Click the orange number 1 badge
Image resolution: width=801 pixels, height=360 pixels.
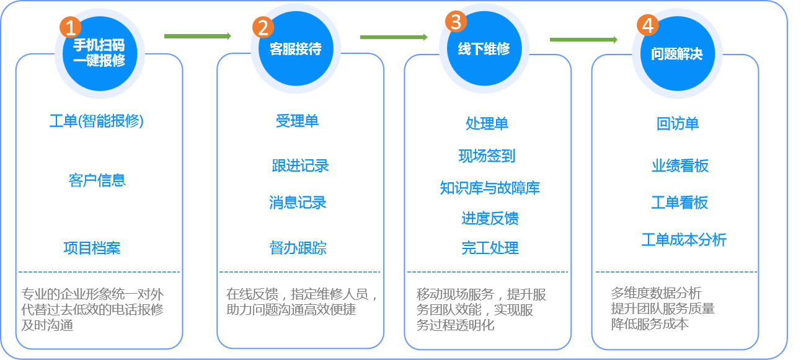pos(70,27)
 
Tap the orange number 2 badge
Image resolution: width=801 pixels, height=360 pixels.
pos(263,27)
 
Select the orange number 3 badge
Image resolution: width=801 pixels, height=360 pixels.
pos(456,22)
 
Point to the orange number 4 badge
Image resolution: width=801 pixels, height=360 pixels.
pos(648,25)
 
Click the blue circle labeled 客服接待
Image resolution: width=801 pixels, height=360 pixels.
pos(296,50)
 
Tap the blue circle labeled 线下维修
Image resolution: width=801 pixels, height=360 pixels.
pos(484,50)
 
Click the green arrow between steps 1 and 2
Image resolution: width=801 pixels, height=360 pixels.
pos(197,36)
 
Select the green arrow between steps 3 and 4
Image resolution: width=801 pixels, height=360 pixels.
pos(583,40)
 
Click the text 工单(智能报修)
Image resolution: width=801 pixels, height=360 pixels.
pos(97,121)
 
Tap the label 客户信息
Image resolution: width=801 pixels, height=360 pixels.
pos(97,180)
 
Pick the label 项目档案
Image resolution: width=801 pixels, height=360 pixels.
pos(92,248)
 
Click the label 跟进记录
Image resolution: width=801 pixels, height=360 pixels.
pos(300,166)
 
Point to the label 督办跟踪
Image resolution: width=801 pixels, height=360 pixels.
pos(298,248)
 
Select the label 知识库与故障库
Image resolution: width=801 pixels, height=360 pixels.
pos(490,188)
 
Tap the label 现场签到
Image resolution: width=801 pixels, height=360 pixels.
pos(487,156)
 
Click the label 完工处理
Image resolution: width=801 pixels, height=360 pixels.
pos(490,248)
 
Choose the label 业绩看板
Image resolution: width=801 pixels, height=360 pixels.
pos(679,166)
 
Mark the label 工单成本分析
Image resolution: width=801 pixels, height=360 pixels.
pos(683,240)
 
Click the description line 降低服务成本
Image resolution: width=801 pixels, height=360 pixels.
pos(650,323)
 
